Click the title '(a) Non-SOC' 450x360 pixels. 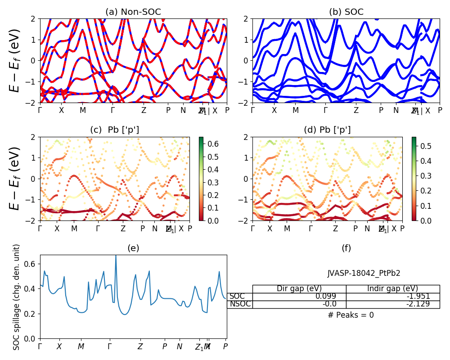pyautogui.click(x=133, y=12)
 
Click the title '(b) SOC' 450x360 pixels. pyautogui.click(x=346, y=12)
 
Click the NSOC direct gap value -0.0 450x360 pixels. pyautogui.click(x=338, y=304)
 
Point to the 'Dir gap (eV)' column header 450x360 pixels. pyautogui.click(x=299, y=288)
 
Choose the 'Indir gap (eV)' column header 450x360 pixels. pyautogui.click(x=392, y=288)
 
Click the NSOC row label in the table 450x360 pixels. pyautogui.click(x=240, y=304)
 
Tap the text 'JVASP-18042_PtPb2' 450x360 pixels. pyautogui.click(x=364, y=273)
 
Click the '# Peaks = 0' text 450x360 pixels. pyautogui.click(x=351, y=315)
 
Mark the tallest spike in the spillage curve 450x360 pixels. pyautogui.click(x=116, y=256)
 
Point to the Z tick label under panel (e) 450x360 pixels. pyautogui.click(x=140, y=346)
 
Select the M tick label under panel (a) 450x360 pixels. pyautogui.click(x=83, y=110)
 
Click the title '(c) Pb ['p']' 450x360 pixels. pyautogui.click(x=114, y=130)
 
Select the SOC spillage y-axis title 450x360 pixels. pyautogui.click(x=17, y=297)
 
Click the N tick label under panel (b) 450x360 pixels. pyautogui.click(x=396, y=110)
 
